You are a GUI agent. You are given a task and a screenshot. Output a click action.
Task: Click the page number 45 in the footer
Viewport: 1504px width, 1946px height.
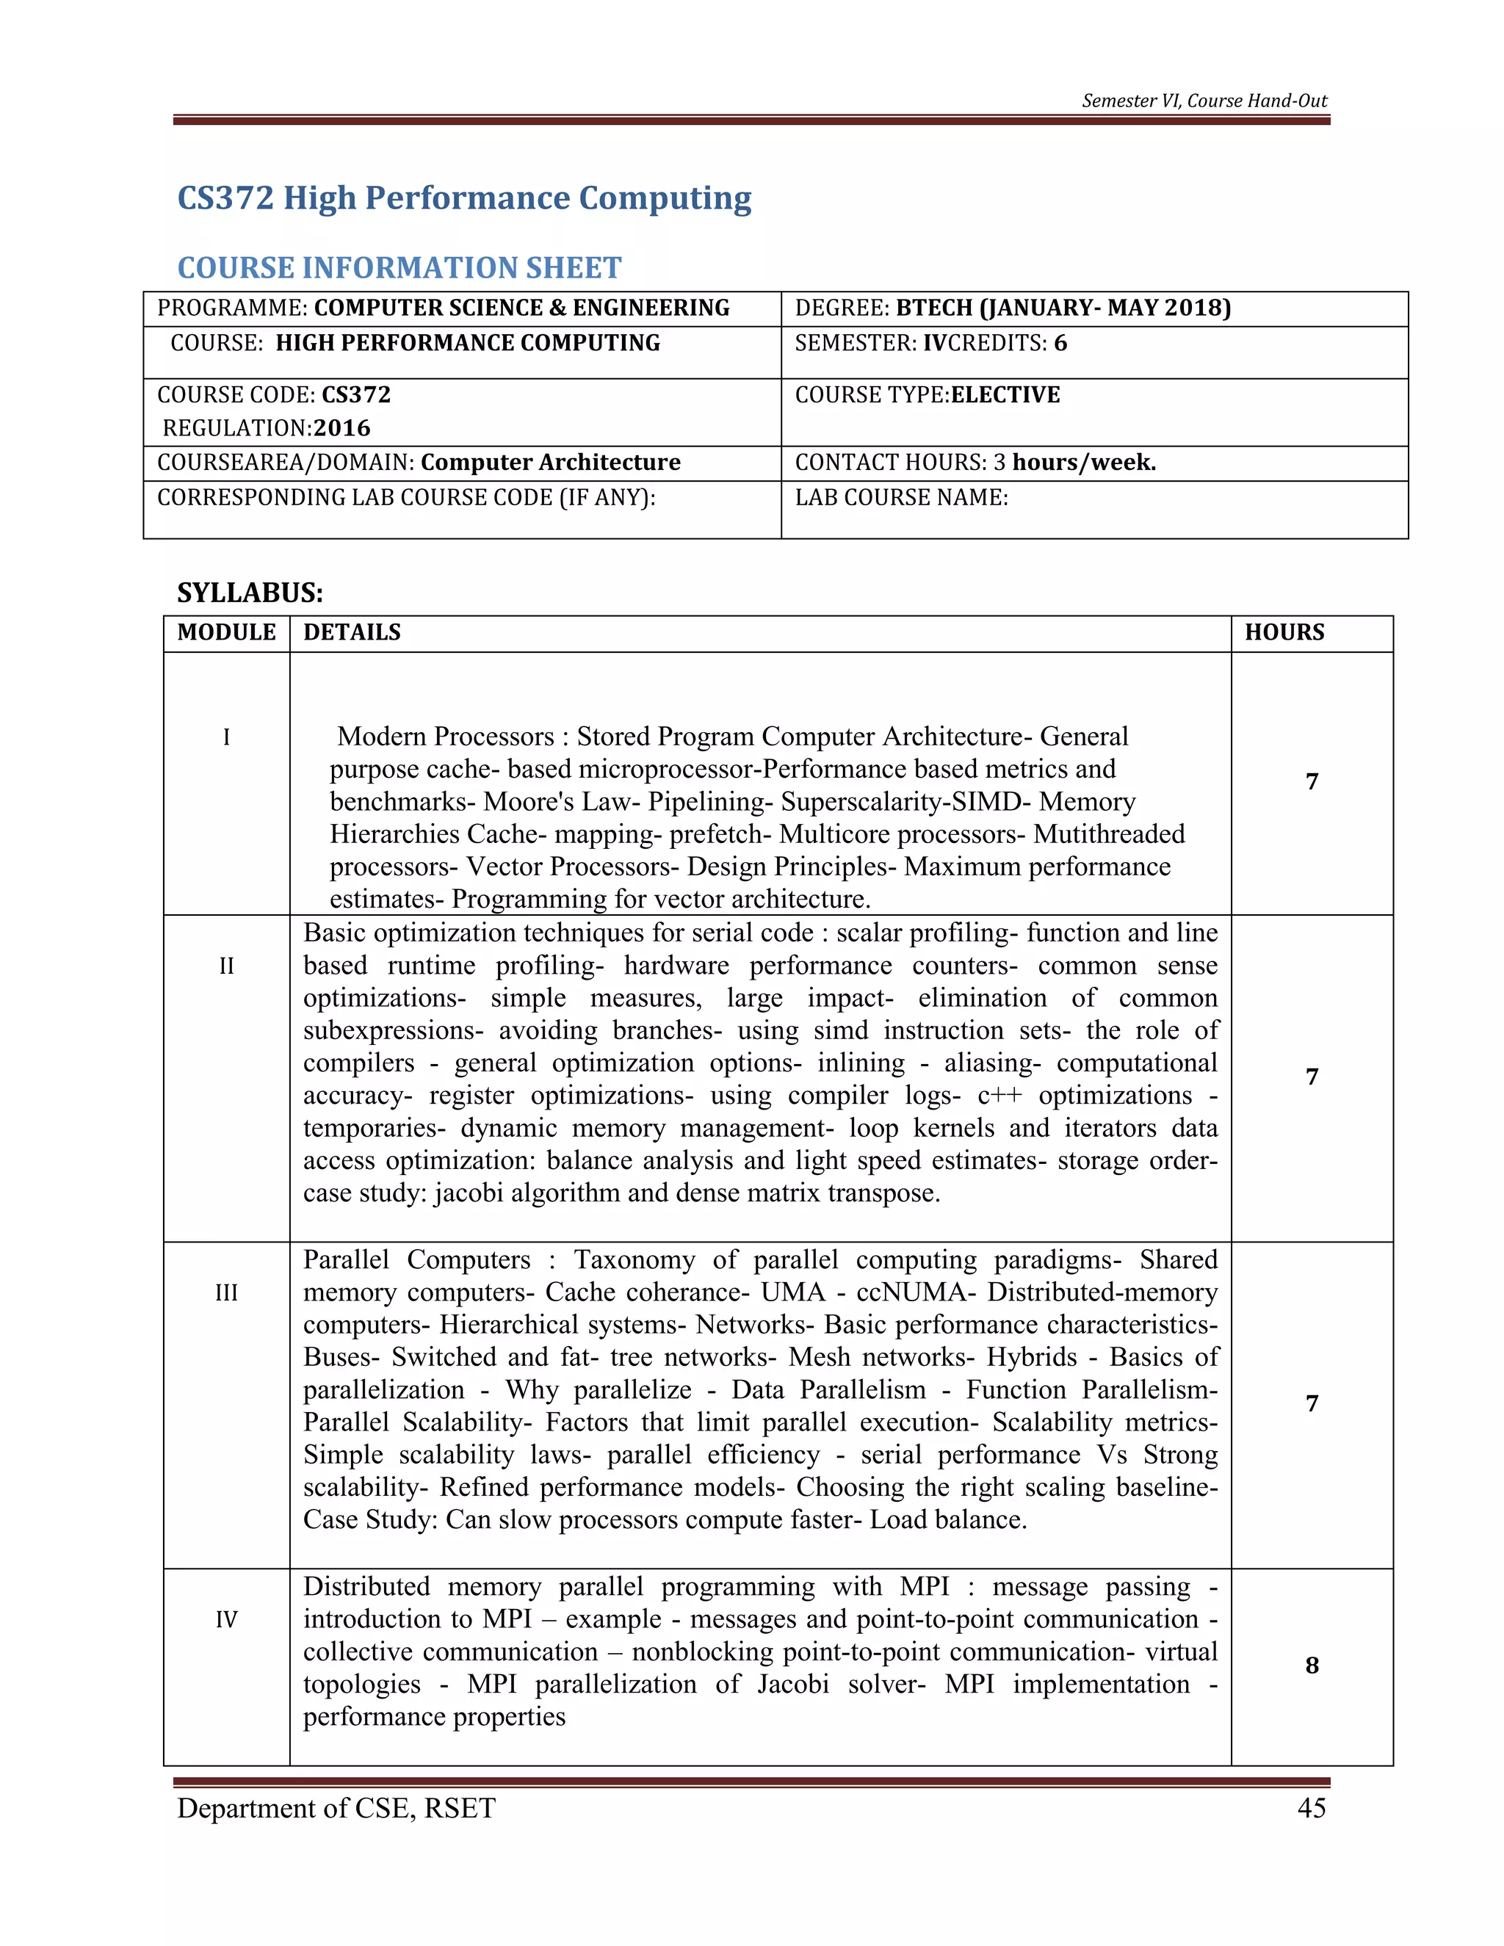(1311, 1807)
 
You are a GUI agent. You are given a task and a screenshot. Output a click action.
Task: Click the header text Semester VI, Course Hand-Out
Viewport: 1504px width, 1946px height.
(1204, 101)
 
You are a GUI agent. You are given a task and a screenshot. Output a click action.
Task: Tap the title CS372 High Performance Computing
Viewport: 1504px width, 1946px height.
(464, 198)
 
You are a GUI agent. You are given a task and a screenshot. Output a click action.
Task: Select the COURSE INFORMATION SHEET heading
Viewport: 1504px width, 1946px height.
(399, 267)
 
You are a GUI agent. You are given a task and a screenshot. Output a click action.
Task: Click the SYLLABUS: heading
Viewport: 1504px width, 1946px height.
(250, 593)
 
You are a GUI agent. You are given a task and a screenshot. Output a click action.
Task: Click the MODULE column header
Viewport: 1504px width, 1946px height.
(226, 632)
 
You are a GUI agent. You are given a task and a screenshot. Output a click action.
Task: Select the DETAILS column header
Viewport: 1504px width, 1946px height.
(352, 632)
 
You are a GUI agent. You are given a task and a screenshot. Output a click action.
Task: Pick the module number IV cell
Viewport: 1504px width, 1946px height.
(226, 1619)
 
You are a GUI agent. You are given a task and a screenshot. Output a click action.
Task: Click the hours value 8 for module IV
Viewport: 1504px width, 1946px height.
(1312, 1665)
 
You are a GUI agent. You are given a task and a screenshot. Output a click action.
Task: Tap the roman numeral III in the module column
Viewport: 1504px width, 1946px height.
(226, 1292)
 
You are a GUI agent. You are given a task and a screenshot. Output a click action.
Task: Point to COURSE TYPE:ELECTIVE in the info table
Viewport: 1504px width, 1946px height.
(927, 395)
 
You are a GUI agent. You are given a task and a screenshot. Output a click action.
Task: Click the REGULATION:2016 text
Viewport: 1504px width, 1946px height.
(267, 429)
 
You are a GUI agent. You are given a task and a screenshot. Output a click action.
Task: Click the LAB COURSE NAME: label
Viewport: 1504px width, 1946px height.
(901, 497)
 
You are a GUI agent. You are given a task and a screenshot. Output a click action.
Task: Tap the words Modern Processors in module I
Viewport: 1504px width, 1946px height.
(446, 737)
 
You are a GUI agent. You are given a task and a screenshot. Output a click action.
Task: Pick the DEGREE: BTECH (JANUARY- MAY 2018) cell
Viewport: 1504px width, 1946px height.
(1012, 308)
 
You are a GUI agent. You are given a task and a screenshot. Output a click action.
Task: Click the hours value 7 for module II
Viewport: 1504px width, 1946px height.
(1312, 1077)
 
